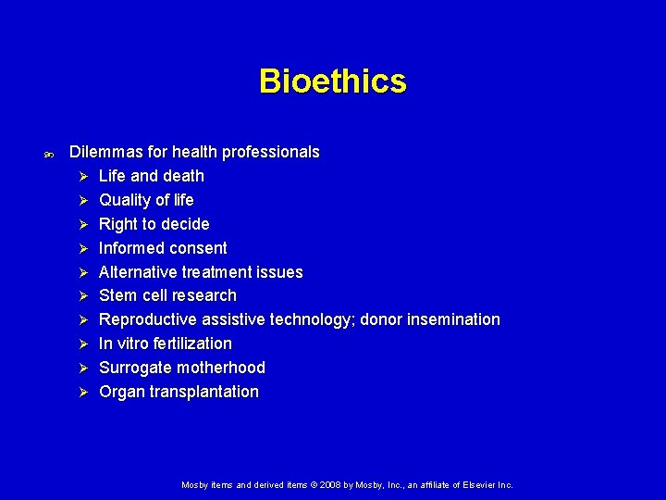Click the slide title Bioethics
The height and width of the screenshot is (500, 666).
332,81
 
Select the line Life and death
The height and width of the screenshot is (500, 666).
152,176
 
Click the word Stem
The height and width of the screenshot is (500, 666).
117,295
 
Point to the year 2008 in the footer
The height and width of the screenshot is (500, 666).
333,485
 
